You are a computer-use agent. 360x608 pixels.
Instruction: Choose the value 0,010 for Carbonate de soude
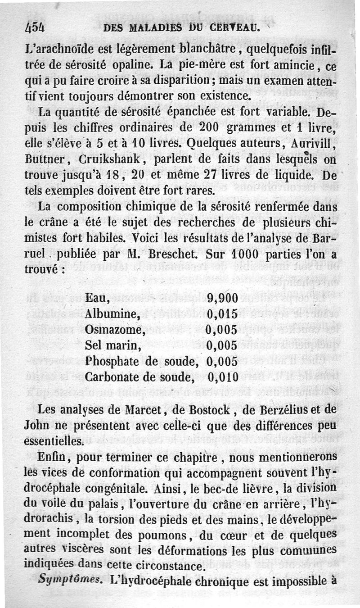(223, 377)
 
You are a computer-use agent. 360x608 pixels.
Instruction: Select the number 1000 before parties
(241, 254)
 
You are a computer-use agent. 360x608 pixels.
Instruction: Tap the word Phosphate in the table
(112, 361)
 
